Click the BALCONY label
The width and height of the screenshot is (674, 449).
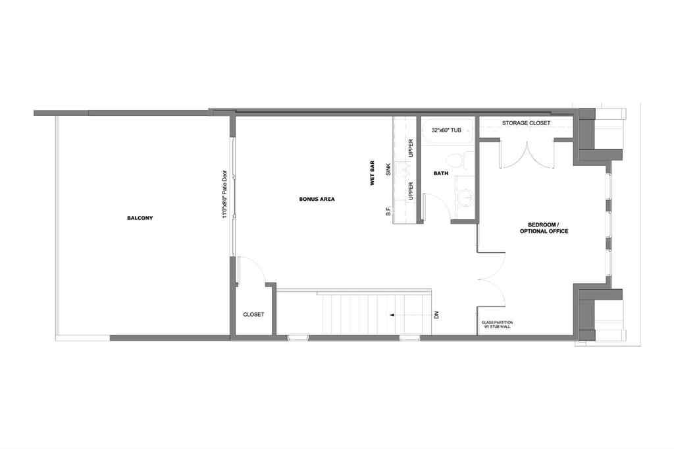(140, 218)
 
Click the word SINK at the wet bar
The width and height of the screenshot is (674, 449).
(389, 170)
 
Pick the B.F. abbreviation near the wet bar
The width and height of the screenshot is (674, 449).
(389, 211)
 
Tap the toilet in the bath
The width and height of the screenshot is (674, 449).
(455, 159)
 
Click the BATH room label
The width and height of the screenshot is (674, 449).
(440, 174)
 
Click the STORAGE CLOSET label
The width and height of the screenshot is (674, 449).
(526, 123)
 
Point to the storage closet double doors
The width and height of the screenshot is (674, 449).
(527, 155)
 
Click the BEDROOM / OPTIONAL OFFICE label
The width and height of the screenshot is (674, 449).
(544, 228)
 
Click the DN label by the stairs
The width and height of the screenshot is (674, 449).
(436, 315)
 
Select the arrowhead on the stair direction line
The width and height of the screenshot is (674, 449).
(392, 315)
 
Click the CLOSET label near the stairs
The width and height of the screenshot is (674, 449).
(253, 315)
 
